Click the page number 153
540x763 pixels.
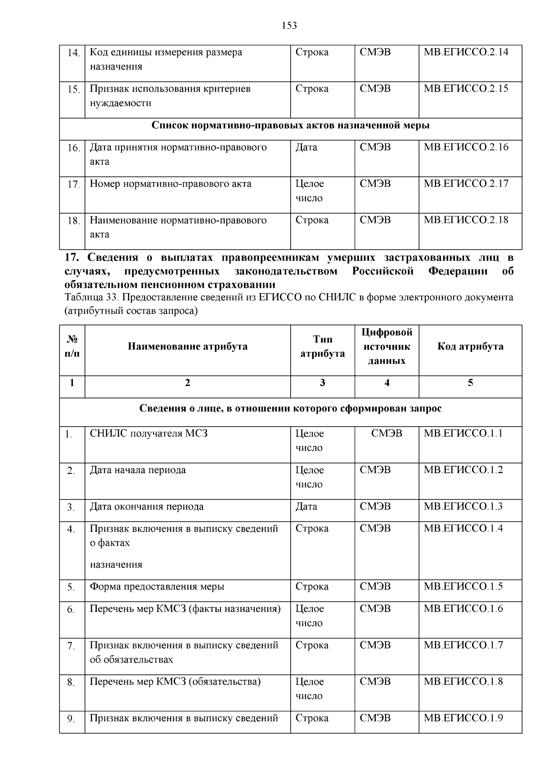[289, 26]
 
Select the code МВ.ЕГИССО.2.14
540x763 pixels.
[466, 52]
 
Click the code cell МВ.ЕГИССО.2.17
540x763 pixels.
[466, 184]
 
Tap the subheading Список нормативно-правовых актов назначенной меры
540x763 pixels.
[290, 125]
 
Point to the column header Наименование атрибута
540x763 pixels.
[187, 347]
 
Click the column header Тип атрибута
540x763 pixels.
[322, 347]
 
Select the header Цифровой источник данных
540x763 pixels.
[387, 347]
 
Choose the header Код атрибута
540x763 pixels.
[470, 347]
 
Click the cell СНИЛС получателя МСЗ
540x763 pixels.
[148, 434]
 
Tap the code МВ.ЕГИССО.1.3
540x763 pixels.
[463, 507]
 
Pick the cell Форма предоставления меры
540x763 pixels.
[157, 587]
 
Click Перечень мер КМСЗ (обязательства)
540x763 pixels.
[175, 682]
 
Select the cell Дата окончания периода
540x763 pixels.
[147, 507]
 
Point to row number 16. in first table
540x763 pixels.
[73, 148]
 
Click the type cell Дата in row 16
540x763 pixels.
[306, 147]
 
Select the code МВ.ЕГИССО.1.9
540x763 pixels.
[463, 718]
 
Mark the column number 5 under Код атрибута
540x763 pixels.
[470, 383]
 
